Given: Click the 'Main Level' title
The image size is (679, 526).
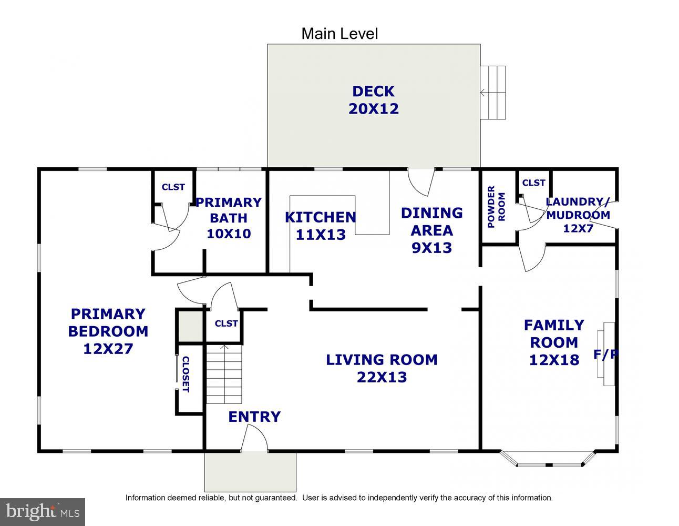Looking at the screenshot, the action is tap(339, 34).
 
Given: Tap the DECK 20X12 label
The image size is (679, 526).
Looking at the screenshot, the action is tap(374, 100).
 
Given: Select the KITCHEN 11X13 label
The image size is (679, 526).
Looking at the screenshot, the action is tap(321, 226).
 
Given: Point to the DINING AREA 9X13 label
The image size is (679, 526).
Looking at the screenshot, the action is tap(432, 230).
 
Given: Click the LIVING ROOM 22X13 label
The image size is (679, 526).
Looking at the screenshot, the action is tap(382, 368).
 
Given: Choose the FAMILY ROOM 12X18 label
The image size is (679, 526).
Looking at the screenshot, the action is tap(554, 342).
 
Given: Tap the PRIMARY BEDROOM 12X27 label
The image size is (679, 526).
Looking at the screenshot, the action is tap(108, 331).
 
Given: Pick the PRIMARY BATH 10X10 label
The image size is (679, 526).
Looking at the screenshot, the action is tap(229, 218).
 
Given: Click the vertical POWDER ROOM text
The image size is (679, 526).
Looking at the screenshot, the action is tap(496, 207).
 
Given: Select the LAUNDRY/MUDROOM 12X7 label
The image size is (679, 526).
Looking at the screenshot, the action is tap(578, 215).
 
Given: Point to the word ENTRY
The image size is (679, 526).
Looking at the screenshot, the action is tap(254, 417).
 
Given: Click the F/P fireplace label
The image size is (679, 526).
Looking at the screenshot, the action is tap(605, 354).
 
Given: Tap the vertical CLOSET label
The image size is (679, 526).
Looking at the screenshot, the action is tap(186, 374).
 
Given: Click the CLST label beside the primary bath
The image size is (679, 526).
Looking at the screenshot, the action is tap(173, 187).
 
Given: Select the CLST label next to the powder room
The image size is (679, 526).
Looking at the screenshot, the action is tap(533, 183).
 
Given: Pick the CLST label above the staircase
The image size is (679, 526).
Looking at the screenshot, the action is tap(226, 323).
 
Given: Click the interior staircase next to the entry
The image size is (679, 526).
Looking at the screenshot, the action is tap(224, 375).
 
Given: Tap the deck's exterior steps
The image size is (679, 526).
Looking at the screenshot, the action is tap(493, 93).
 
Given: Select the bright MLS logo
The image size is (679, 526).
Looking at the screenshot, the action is tap(43, 512).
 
